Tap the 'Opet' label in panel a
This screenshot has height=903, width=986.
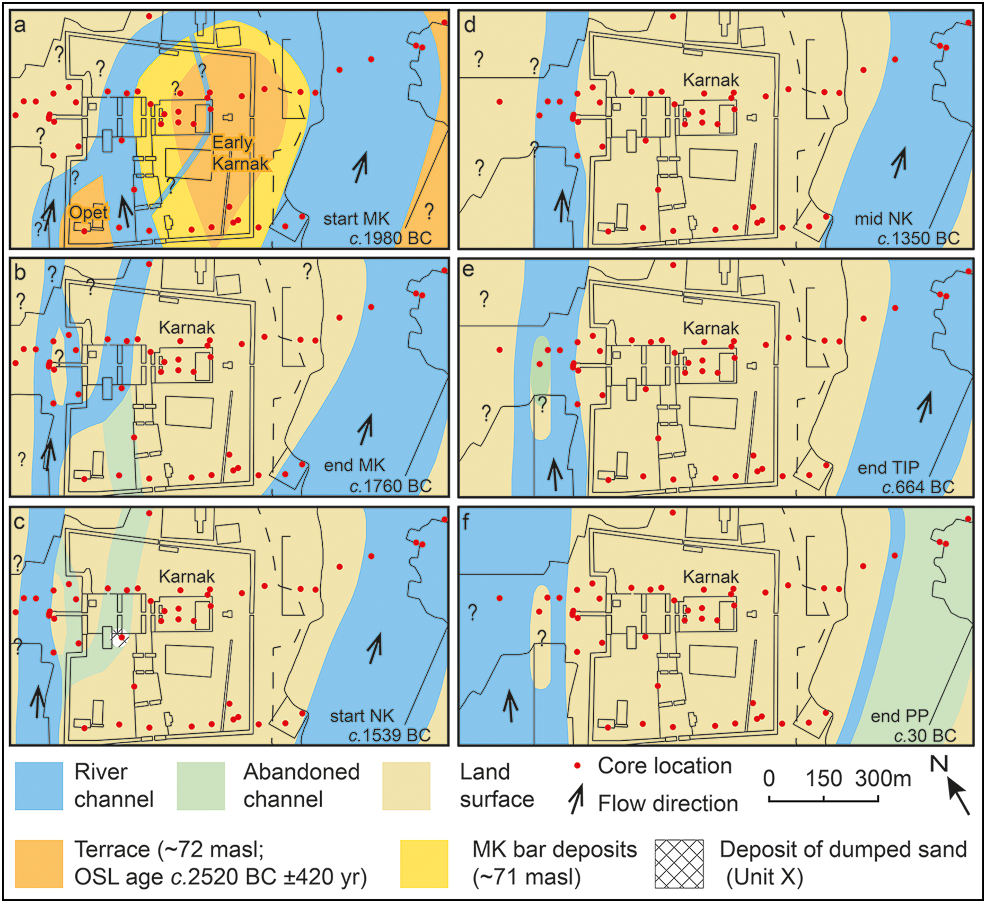(x=89, y=213)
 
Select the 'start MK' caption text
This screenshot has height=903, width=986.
(x=356, y=219)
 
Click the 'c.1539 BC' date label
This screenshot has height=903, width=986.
(x=390, y=735)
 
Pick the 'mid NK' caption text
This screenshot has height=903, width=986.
(x=883, y=219)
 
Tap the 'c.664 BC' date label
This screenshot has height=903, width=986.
(x=918, y=487)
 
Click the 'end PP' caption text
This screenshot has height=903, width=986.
(x=899, y=716)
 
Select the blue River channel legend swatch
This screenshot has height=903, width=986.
(x=39, y=786)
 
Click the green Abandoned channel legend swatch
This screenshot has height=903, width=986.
(x=201, y=786)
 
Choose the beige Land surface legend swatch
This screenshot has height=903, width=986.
(x=406, y=786)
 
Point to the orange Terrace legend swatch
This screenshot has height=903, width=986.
(x=39, y=863)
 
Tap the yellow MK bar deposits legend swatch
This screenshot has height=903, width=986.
(x=424, y=863)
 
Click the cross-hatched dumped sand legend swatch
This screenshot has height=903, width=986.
(x=679, y=863)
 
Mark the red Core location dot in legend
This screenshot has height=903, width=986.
(x=577, y=766)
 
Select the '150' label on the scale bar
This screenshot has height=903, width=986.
(x=824, y=778)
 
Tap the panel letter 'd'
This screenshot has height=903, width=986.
(x=470, y=24)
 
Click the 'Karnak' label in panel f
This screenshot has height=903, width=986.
(x=710, y=576)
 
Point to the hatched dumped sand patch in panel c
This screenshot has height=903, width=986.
(x=120, y=638)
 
